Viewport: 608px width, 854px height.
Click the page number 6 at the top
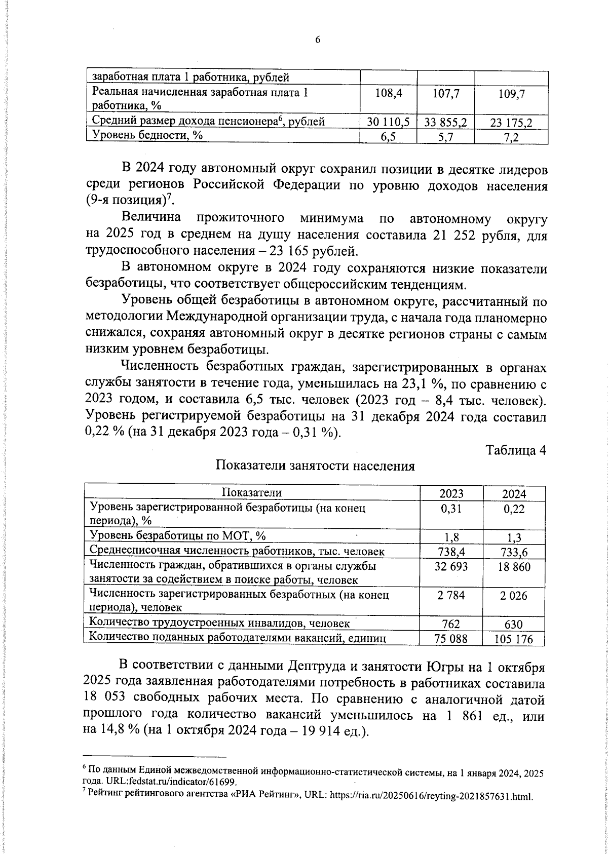[318, 41]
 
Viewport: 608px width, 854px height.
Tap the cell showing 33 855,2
[445, 122]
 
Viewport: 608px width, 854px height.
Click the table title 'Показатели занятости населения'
[315, 466]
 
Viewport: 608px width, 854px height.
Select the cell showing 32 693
[451, 566]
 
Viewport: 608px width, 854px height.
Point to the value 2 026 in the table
[514, 596]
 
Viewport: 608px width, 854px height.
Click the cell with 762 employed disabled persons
[451, 625]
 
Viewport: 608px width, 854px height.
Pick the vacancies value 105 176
[514, 639]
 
